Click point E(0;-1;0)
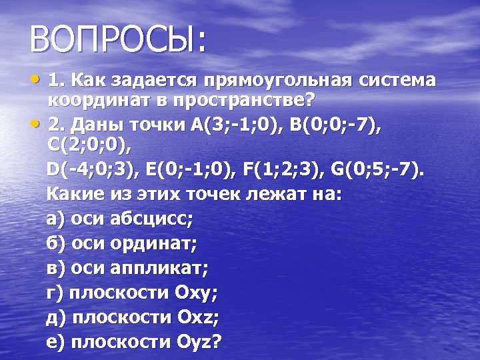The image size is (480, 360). [x=193, y=169]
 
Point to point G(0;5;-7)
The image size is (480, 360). [x=375, y=169]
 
